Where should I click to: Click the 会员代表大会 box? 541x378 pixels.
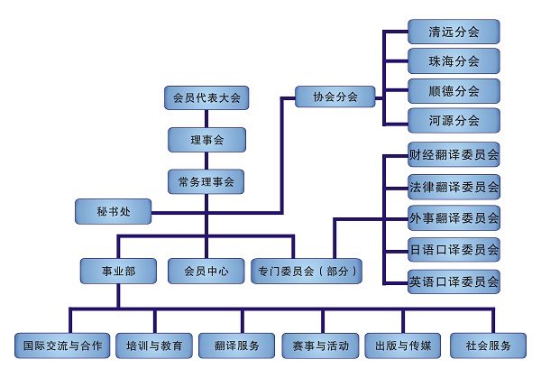[206, 97]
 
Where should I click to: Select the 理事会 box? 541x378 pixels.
[206, 140]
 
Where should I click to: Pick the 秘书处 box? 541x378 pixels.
[114, 213]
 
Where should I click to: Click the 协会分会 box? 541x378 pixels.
[335, 97]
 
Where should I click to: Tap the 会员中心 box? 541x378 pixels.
[206, 271]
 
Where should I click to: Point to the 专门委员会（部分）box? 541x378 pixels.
[308, 271]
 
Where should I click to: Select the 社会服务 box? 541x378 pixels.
[496, 346]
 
